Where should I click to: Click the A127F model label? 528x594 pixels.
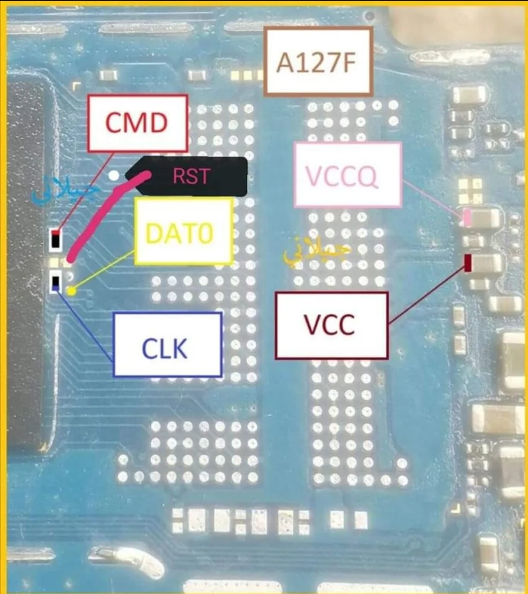[318, 61]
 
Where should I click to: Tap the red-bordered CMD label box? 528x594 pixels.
[137, 123]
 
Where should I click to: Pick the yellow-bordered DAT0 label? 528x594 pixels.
[183, 231]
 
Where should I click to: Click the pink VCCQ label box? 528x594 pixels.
[347, 175]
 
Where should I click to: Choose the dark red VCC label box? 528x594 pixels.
[331, 325]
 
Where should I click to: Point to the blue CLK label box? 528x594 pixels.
[167, 345]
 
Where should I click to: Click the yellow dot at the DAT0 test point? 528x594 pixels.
[71, 291]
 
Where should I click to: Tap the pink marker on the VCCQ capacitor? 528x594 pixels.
[467, 218]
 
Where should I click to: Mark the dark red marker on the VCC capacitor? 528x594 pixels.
[468, 263]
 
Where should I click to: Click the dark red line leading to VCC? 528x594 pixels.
[427, 293]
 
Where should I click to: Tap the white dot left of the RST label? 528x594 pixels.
[114, 175]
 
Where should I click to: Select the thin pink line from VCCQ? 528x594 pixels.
[433, 198]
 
